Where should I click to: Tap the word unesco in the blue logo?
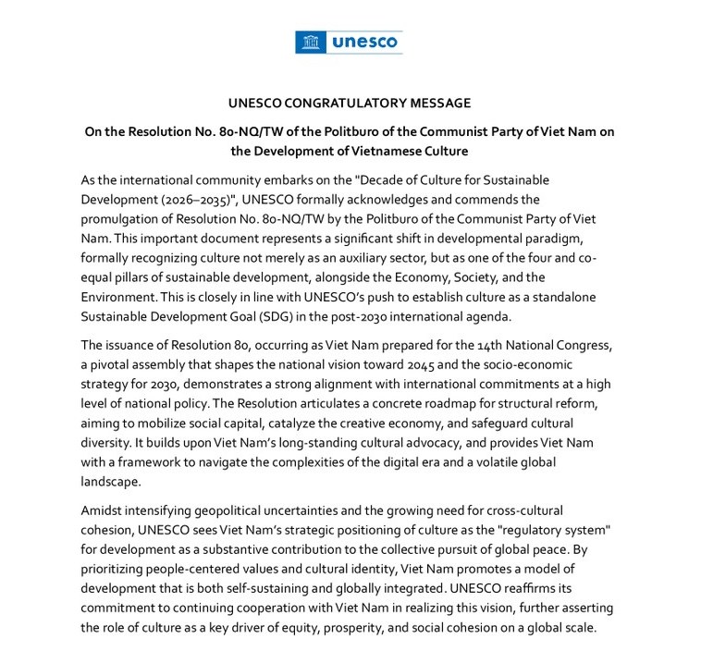[x=363, y=42]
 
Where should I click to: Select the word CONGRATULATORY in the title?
[x=335, y=103]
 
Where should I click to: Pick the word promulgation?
[x=122, y=220]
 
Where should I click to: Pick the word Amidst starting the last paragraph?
[x=104, y=510]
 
